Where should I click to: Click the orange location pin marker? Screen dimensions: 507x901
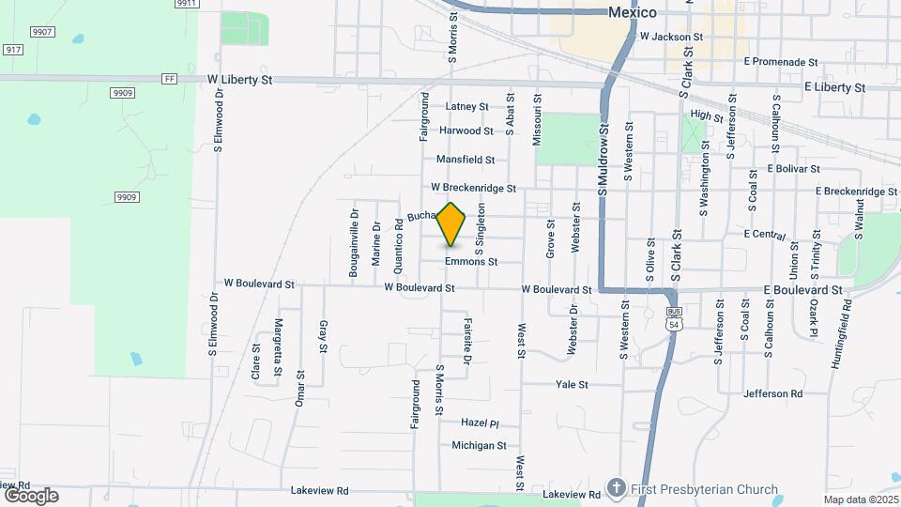pyautogui.click(x=451, y=224)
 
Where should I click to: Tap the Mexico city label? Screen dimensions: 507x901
pyautogui.click(x=632, y=12)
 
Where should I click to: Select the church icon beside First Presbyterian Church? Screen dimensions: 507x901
pyautogui.click(x=616, y=488)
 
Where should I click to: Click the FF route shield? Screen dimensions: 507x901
pyautogui.click(x=169, y=79)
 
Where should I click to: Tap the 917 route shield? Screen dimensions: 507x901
pyautogui.click(x=12, y=48)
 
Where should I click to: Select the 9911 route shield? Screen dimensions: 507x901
pyautogui.click(x=187, y=4)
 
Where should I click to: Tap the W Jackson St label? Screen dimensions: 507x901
pyautogui.click(x=671, y=38)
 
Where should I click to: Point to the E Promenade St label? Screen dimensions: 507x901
pyautogui.click(x=780, y=62)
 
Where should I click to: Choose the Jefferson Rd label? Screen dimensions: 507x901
pyautogui.click(x=772, y=393)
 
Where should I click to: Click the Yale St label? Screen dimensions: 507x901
pyautogui.click(x=572, y=384)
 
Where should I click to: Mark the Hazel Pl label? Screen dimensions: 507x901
pyautogui.click(x=480, y=423)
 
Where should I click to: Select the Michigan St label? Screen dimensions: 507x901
pyautogui.click(x=479, y=446)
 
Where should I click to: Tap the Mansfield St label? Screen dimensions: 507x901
pyautogui.click(x=466, y=161)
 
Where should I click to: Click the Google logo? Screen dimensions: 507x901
pyautogui.click(x=31, y=495)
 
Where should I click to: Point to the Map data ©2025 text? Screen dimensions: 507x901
pyautogui.click(x=860, y=499)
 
